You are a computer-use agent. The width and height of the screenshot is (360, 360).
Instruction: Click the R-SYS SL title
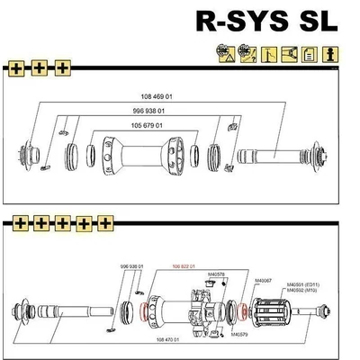tap(266, 21)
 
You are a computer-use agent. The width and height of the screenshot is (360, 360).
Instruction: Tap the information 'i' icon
tap(330, 56)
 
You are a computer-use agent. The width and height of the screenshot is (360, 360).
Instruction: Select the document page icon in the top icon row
tap(310, 56)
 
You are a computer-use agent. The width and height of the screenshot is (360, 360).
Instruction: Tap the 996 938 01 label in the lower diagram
tap(132, 267)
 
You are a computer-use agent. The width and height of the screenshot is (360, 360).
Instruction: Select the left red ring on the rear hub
tap(143, 313)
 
